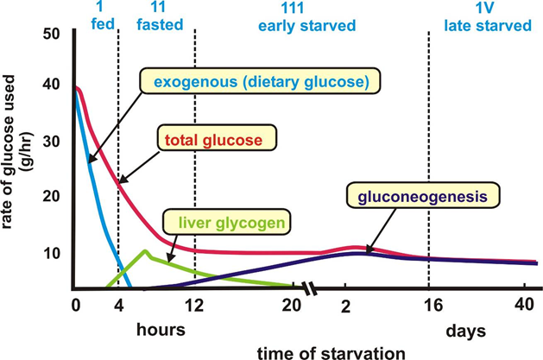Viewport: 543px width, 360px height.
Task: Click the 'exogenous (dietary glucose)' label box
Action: [259, 82]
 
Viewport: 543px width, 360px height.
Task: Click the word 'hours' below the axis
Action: [161, 330]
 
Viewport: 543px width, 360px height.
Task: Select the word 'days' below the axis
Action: [465, 330]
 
